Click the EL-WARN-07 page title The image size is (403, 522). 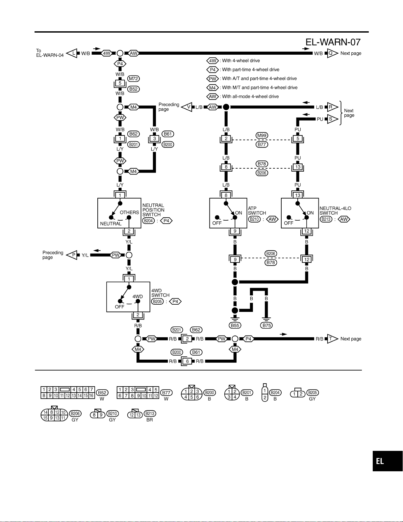coord(333,42)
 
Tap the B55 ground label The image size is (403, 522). coord(235,325)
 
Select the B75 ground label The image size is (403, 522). coord(266,325)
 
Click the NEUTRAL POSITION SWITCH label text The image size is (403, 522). coord(153,210)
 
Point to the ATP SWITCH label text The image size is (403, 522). coord(257,210)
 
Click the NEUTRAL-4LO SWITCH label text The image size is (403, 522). coord(335,210)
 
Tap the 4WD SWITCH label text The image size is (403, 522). coord(160,293)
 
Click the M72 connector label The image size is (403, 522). coord(133,79)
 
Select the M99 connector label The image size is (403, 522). coord(262,135)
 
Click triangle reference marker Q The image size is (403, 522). coord(332,53)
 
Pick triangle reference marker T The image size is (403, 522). coord(332,339)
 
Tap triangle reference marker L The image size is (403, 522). coord(72,53)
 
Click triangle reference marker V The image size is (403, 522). coord(187,107)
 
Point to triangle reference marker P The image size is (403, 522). coord(72,255)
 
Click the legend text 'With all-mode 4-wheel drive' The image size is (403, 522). coord(250,96)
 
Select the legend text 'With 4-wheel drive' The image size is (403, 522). coord(241,61)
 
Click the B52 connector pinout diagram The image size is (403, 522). coord(68,393)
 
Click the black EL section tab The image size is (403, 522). coord(388,461)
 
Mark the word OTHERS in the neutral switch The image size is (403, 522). coord(129,212)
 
